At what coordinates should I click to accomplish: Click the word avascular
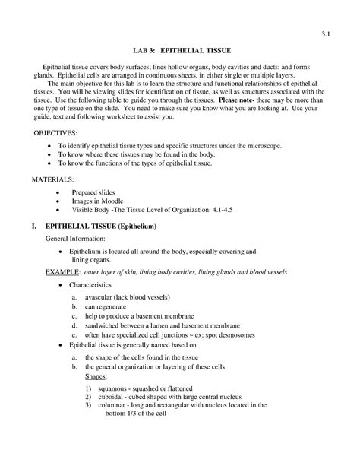click(x=102, y=296)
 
